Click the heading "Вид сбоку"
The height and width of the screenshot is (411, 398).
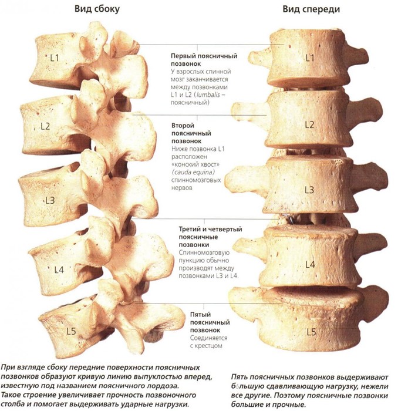[x=97, y=9]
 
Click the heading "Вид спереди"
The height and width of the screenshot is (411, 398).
[x=311, y=9]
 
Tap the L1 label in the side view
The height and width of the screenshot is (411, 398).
[x=55, y=58]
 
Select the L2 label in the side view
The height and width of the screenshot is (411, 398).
[x=45, y=126]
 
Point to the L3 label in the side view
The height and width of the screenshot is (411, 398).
[x=50, y=201]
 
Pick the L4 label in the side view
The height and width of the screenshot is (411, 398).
[x=59, y=269]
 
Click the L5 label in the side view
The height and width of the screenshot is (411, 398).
[x=71, y=331]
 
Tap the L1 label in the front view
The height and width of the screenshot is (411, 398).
[x=310, y=58]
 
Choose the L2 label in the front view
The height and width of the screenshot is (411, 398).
[x=309, y=124]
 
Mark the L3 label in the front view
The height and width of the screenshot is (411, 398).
[x=309, y=190]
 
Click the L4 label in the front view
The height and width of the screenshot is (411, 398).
[x=310, y=264]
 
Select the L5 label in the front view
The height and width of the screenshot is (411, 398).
[x=311, y=332]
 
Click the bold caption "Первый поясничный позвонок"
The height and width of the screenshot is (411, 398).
[x=204, y=60]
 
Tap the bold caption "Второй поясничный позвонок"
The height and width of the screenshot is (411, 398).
[x=191, y=133]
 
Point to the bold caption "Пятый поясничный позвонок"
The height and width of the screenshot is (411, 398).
[x=210, y=322]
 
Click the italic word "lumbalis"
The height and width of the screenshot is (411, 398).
[x=209, y=95]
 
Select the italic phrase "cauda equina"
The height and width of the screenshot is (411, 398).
[x=194, y=172]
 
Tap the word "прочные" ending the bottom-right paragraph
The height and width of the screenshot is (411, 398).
[x=291, y=405]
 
